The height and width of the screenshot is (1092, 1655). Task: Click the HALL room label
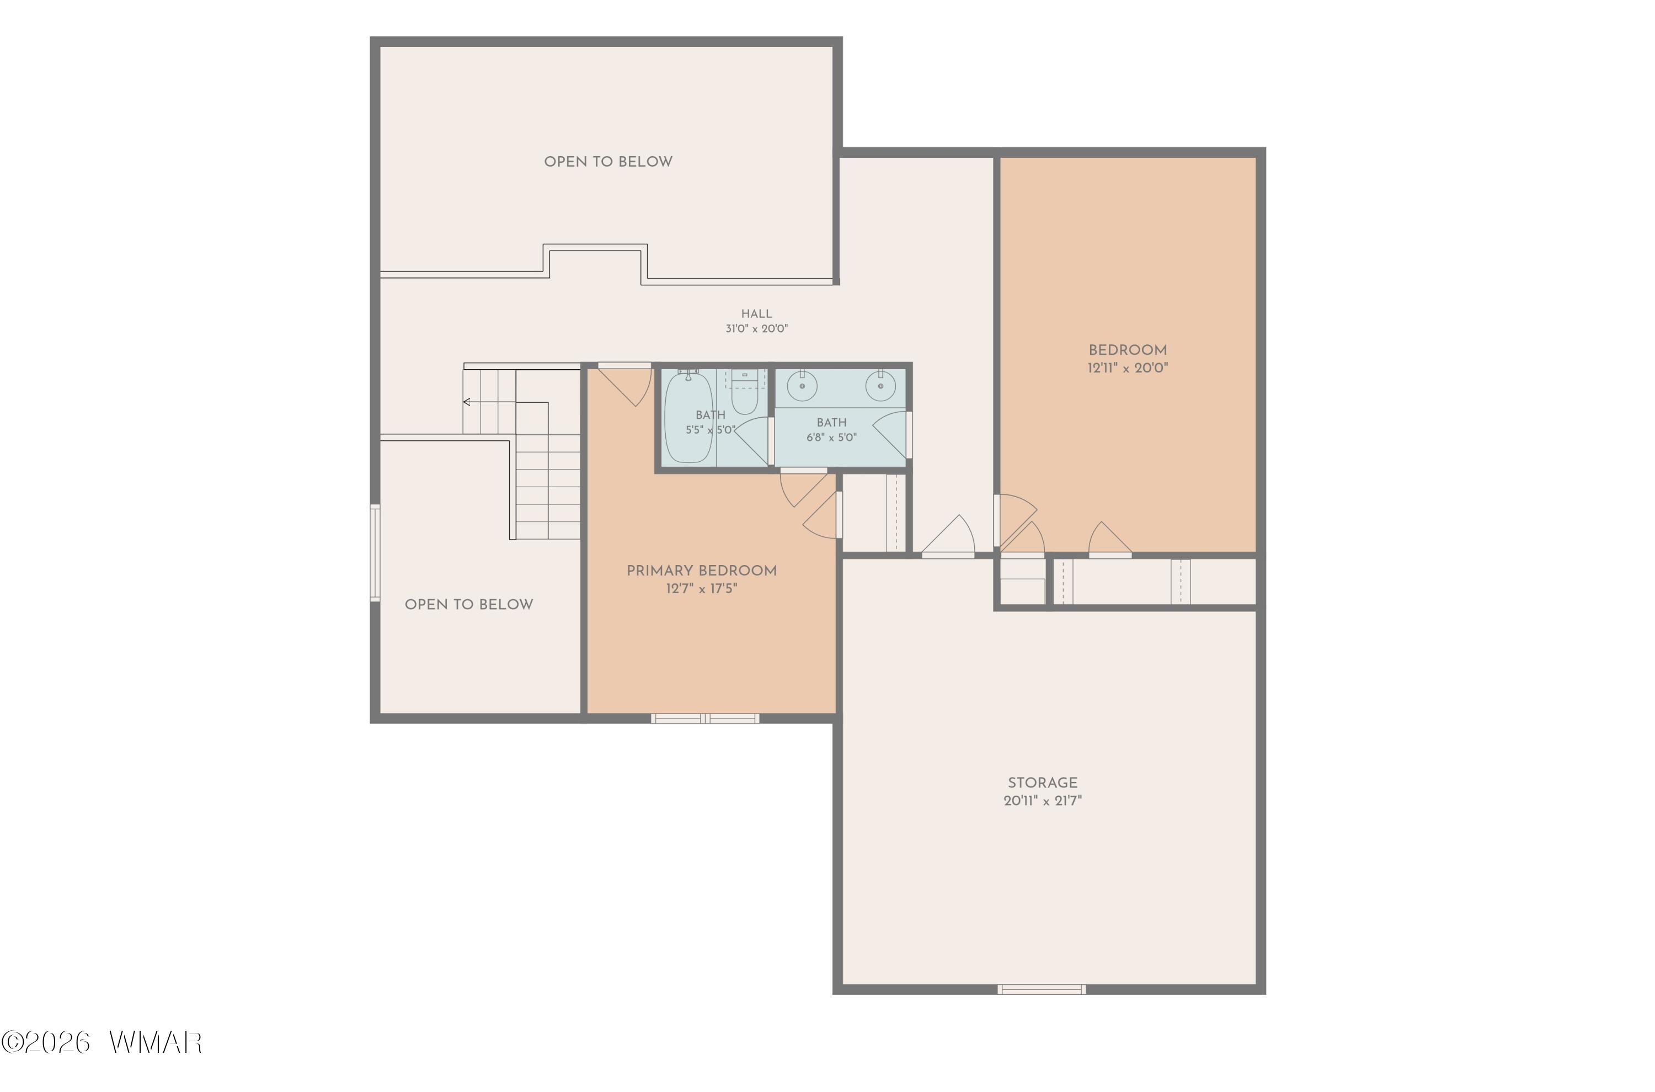pyautogui.click(x=756, y=314)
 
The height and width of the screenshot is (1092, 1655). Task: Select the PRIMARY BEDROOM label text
pyautogui.click(x=701, y=571)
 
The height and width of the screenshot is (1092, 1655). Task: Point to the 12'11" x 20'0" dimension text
pyautogui.click(x=1127, y=367)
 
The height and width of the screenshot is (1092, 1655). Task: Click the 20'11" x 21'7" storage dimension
pyautogui.click(x=1042, y=801)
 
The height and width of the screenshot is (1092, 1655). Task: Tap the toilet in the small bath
pyautogui.click(x=744, y=392)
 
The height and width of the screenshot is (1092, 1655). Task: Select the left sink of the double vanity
pyautogui.click(x=802, y=385)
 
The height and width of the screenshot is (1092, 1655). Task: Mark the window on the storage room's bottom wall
pyautogui.click(x=1041, y=989)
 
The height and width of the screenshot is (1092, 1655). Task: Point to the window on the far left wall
pyautogui.click(x=375, y=553)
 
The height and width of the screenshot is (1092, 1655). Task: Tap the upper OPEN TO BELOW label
pyautogui.click(x=608, y=162)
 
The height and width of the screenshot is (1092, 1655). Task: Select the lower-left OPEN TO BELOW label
pyautogui.click(x=468, y=605)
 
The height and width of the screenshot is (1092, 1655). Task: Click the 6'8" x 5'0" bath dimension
pyautogui.click(x=831, y=438)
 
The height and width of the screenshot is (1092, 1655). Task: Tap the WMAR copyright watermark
pyautogui.click(x=102, y=1042)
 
